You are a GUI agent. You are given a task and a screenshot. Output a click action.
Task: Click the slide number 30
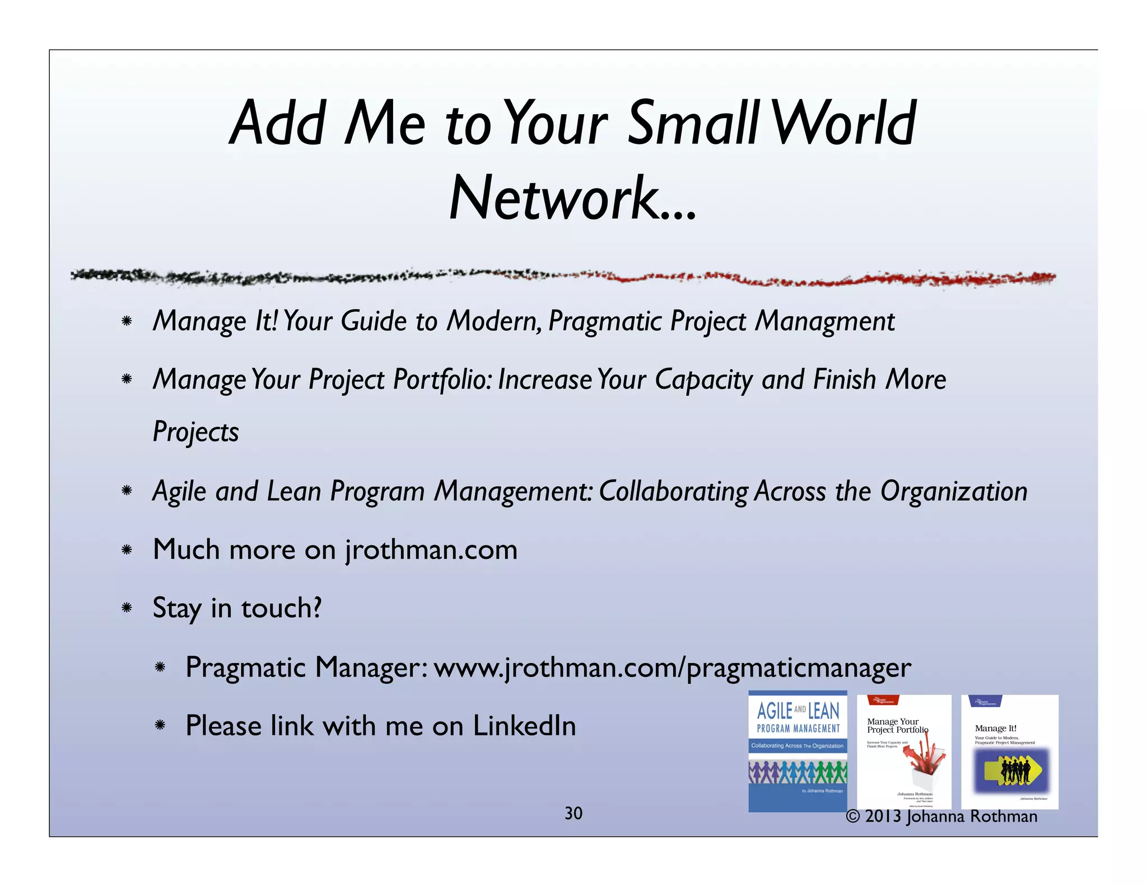pyautogui.click(x=573, y=813)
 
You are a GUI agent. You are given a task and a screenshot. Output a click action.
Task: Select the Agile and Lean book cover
pyautogui.click(x=798, y=750)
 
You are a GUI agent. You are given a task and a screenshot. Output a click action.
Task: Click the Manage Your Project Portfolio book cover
pyautogui.click(x=903, y=750)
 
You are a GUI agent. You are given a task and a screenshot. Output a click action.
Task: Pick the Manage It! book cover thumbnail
pyautogui.click(x=1009, y=750)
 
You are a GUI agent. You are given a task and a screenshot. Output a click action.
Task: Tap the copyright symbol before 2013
pyautogui.click(x=852, y=817)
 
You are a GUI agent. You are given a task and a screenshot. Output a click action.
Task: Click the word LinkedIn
pyautogui.click(x=524, y=726)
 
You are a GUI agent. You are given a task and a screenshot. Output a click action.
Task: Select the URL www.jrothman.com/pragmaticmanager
pyautogui.click(x=672, y=668)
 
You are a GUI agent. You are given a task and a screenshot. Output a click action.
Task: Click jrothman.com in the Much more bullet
pyautogui.click(x=431, y=550)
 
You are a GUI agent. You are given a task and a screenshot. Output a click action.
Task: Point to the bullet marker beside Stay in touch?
pyautogui.click(x=127, y=608)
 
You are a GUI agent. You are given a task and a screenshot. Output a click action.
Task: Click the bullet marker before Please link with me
pyautogui.click(x=160, y=726)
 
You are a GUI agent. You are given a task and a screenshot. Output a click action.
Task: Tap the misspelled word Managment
pyautogui.click(x=824, y=321)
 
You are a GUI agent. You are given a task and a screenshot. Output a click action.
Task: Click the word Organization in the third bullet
pyautogui.click(x=953, y=492)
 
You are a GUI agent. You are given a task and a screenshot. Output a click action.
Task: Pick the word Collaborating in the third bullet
pyautogui.click(x=673, y=492)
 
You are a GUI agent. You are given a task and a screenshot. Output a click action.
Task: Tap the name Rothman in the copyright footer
pyautogui.click(x=1004, y=817)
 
